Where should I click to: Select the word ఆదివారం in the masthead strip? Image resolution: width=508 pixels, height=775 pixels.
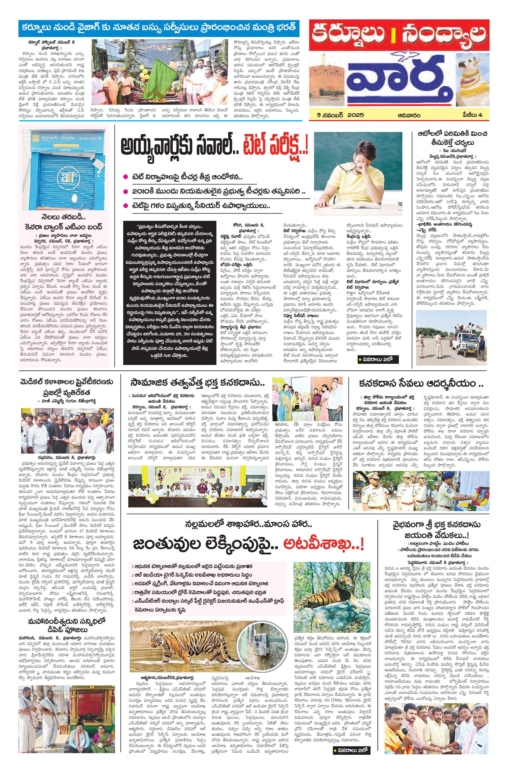pos(409,115)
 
